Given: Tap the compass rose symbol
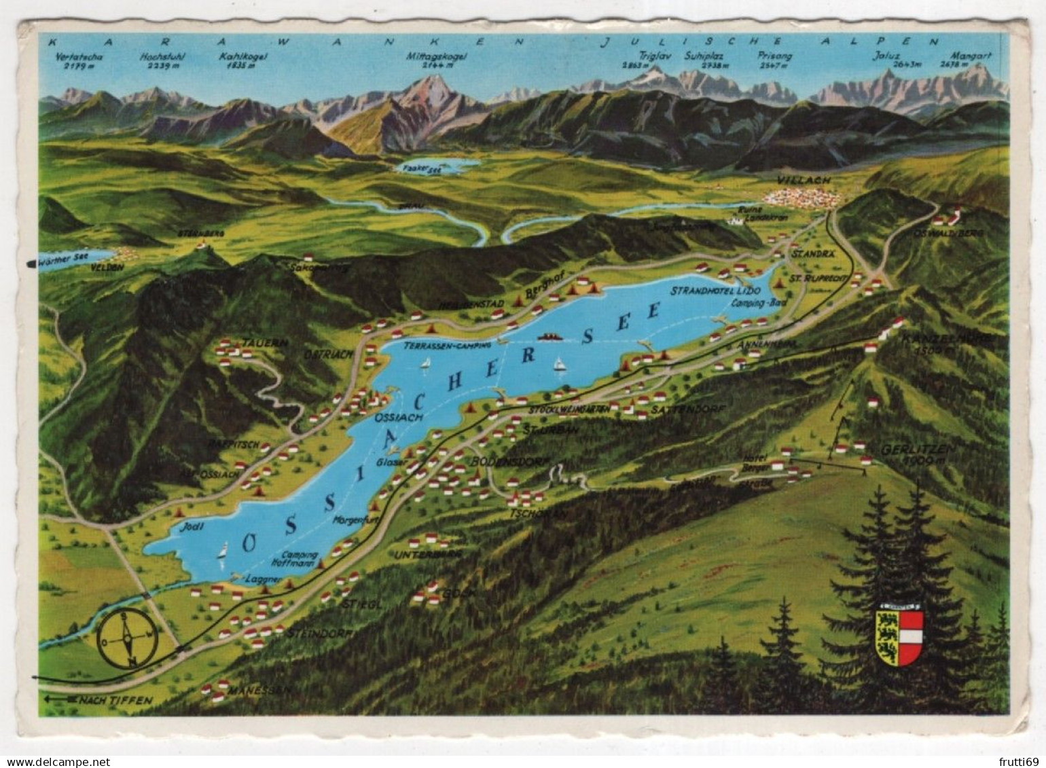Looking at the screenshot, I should tap(127, 638).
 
